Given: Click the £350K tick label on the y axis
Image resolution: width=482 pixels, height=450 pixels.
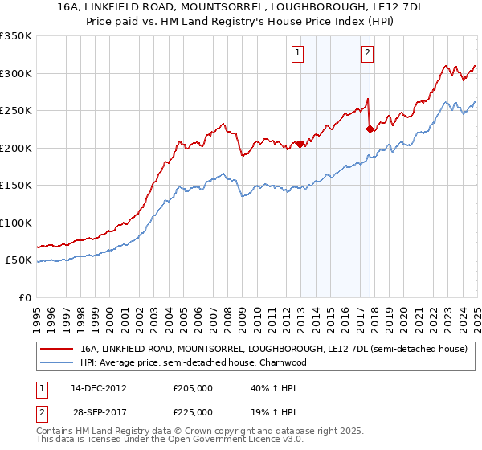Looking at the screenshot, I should [15, 36].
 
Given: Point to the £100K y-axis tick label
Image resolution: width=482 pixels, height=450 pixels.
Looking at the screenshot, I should [15, 223].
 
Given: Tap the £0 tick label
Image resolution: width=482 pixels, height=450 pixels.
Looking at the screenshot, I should [26, 297].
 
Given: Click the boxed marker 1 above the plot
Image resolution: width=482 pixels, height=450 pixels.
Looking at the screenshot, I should [297, 54].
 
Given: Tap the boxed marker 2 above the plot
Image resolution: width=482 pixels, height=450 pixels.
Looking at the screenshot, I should [367, 54].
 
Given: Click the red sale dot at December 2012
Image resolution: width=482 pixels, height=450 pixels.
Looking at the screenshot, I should [300, 145].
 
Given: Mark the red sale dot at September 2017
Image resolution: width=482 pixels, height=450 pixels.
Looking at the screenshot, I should [370, 129].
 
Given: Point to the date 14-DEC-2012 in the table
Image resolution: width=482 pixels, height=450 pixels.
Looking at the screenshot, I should [99, 388].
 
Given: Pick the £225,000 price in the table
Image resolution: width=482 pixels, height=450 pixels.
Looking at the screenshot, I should [194, 411].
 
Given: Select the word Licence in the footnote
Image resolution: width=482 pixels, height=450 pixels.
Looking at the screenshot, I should [256, 440].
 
